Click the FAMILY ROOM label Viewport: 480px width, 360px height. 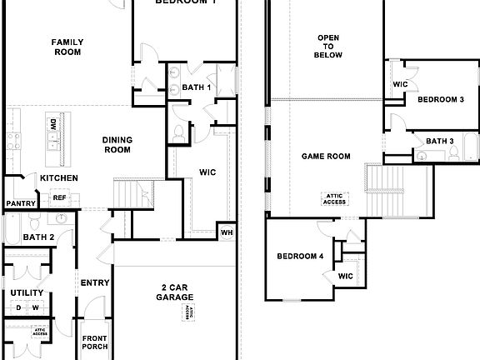point(67,47)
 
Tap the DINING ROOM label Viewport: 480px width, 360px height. point(117,145)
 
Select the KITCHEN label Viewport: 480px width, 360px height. point(59,178)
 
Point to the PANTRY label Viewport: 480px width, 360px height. point(20,203)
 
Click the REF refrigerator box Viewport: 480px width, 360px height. point(59,197)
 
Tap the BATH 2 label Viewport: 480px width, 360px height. point(38,237)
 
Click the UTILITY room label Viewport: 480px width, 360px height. point(27,292)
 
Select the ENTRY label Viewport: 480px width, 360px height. point(94,283)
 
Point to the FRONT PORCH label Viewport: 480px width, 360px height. point(94,342)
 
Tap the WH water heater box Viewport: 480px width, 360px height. point(225,232)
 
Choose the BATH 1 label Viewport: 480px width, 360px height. point(196,87)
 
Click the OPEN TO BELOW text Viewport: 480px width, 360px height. point(328,47)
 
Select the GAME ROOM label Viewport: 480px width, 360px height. point(326,156)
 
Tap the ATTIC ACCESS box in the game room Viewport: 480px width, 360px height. point(334,198)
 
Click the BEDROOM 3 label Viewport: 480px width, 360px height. point(440,100)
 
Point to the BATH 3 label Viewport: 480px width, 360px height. point(439,142)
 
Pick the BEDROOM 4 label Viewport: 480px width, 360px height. point(299,256)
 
